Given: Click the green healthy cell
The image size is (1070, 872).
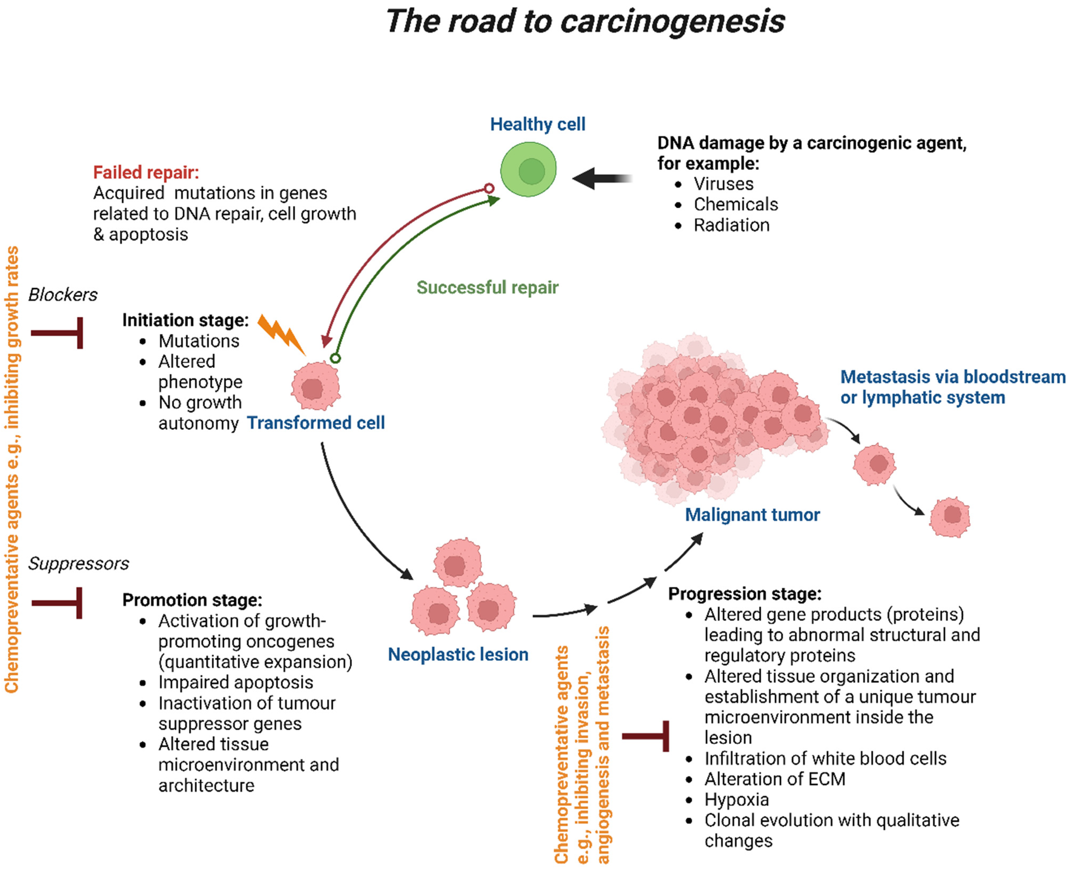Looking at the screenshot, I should pos(528,169).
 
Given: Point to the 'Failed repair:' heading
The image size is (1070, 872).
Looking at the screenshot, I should pos(146,172).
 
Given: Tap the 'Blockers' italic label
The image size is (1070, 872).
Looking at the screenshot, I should pos(63,294).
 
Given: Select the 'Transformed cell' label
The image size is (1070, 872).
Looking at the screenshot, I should pos(316,423).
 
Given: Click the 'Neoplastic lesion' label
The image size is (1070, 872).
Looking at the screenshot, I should pos(458,655).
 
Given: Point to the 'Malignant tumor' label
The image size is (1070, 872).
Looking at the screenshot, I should pos(752,515).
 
